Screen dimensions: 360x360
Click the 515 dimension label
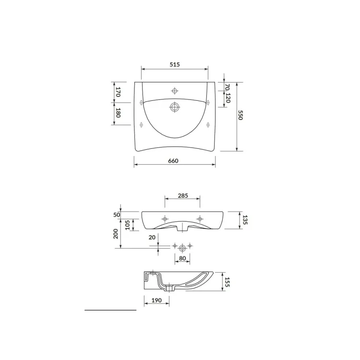(175, 64)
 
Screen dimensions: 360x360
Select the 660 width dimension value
(173, 161)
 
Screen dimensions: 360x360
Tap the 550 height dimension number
(240, 115)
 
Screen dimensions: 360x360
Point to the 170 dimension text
(118, 92)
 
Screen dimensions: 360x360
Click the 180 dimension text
(118, 113)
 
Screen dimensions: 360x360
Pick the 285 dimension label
(183, 196)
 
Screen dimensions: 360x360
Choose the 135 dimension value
(245, 220)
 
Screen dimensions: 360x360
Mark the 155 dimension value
(227, 282)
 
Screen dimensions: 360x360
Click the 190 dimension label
(156, 300)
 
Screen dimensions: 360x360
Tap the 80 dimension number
(182, 258)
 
